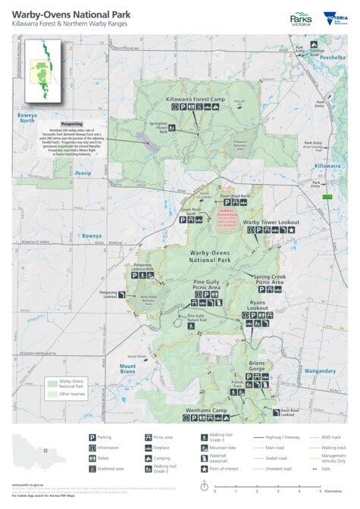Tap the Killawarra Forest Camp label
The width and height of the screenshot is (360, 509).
pyautogui.click(x=196, y=99)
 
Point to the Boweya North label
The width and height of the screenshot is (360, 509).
pyautogui.click(x=27, y=117)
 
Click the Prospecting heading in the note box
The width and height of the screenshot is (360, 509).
pyautogui.click(x=71, y=123)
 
